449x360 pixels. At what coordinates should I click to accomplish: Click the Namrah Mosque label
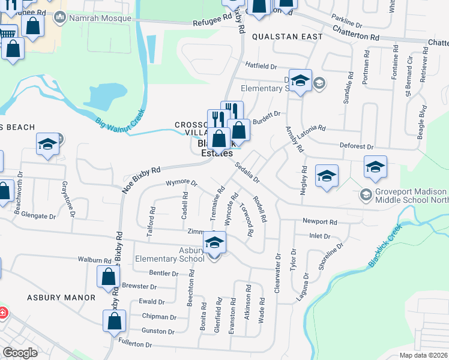100,18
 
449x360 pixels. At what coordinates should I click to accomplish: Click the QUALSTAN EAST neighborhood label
287,37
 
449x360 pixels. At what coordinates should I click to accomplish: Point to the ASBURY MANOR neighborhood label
61,298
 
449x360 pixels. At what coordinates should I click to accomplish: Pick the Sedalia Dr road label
247,172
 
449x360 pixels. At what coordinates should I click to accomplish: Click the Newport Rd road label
317,221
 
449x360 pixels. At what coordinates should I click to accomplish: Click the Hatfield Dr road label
261,65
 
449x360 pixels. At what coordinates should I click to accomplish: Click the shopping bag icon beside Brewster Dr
107,277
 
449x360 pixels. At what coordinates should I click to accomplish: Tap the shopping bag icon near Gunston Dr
114,322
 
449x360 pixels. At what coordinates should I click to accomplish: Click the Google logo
20,353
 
